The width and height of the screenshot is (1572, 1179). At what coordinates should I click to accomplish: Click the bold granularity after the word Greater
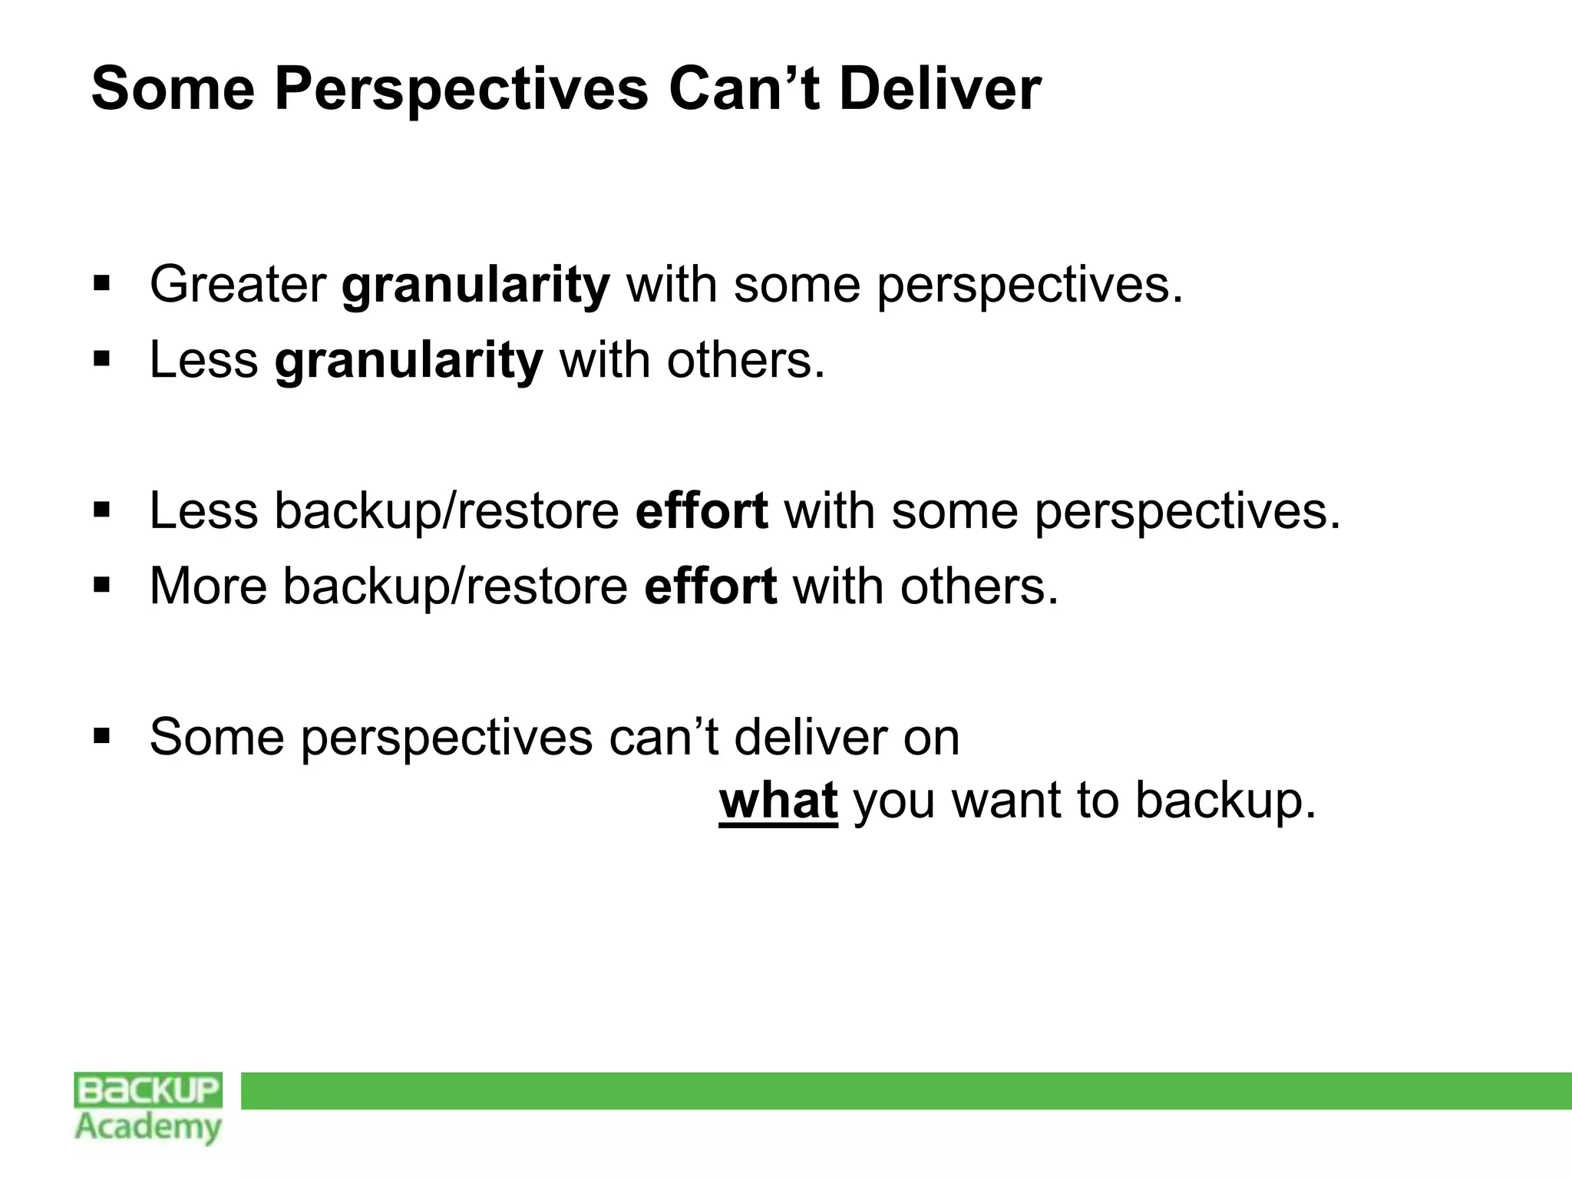[x=476, y=286]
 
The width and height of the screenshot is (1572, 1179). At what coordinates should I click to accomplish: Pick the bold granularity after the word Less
[x=409, y=361]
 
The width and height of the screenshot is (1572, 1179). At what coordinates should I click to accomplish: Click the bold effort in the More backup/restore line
[x=710, y=586]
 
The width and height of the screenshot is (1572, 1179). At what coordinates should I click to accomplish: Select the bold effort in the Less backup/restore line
[x=702, y=511]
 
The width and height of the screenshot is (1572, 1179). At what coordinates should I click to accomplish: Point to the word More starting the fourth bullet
[x=208, y=586]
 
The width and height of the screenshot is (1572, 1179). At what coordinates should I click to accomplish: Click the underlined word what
[x=778, y=800]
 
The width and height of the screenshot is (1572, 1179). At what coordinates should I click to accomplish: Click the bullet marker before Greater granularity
[x=101, y=285]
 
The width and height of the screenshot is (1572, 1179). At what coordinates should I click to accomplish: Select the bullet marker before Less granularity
[x=101, y=359]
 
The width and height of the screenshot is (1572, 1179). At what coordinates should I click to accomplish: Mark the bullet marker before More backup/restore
[x=101, y=586]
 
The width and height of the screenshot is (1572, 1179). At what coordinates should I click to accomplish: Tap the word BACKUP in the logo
[x=148, y=1090]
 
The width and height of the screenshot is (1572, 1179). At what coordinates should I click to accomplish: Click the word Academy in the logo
[x=148, y=1128]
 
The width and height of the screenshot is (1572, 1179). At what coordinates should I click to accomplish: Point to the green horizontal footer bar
[x=906, y=1091]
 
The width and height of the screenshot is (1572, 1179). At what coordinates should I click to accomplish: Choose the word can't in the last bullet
[x=663, y=738]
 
